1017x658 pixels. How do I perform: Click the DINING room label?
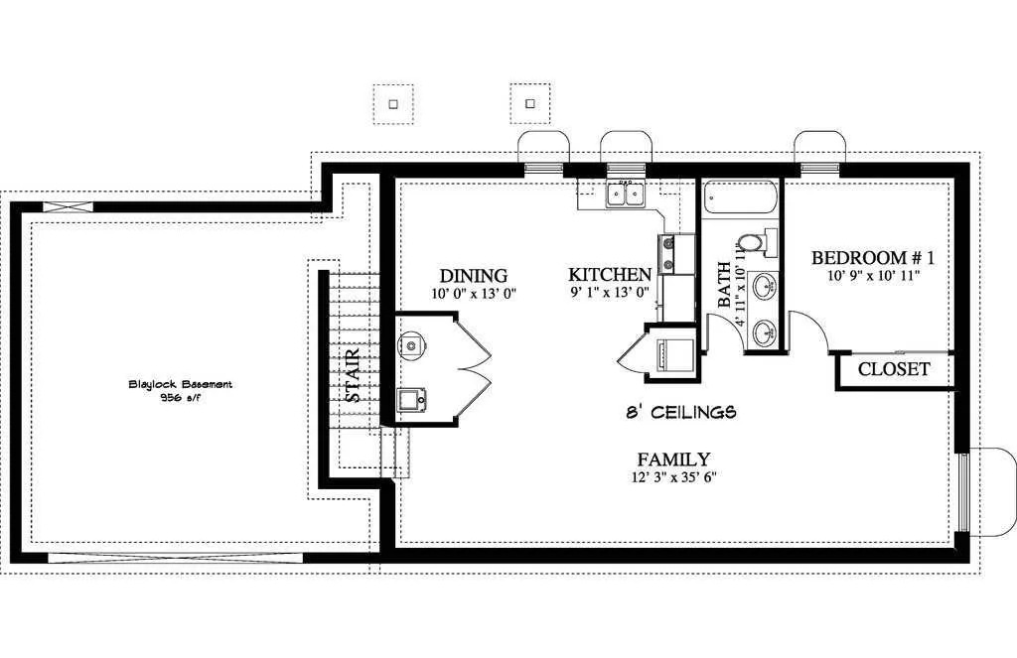[474, 276]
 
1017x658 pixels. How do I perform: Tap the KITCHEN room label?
[610, 274]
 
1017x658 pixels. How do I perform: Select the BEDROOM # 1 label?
[873, 258]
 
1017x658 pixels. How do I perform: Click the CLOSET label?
[894, 369]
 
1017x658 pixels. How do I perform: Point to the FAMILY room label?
[673, 460]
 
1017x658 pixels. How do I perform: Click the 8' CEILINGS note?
[681, 412]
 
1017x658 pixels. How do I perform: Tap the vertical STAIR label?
[353, 375]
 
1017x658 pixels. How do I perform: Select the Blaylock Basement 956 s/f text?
[181, 391]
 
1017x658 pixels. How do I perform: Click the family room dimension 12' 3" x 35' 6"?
[674, 477]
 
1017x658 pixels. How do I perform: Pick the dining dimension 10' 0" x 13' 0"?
[474, 294]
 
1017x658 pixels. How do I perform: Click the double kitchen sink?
[625, 195]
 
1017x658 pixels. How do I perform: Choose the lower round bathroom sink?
[765, 335]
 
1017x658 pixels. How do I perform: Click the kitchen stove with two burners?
[666, 253]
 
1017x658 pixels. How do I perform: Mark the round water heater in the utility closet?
[410, 344]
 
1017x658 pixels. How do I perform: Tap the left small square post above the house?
[392, 104]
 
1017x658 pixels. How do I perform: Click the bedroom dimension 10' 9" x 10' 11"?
[874, 276]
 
